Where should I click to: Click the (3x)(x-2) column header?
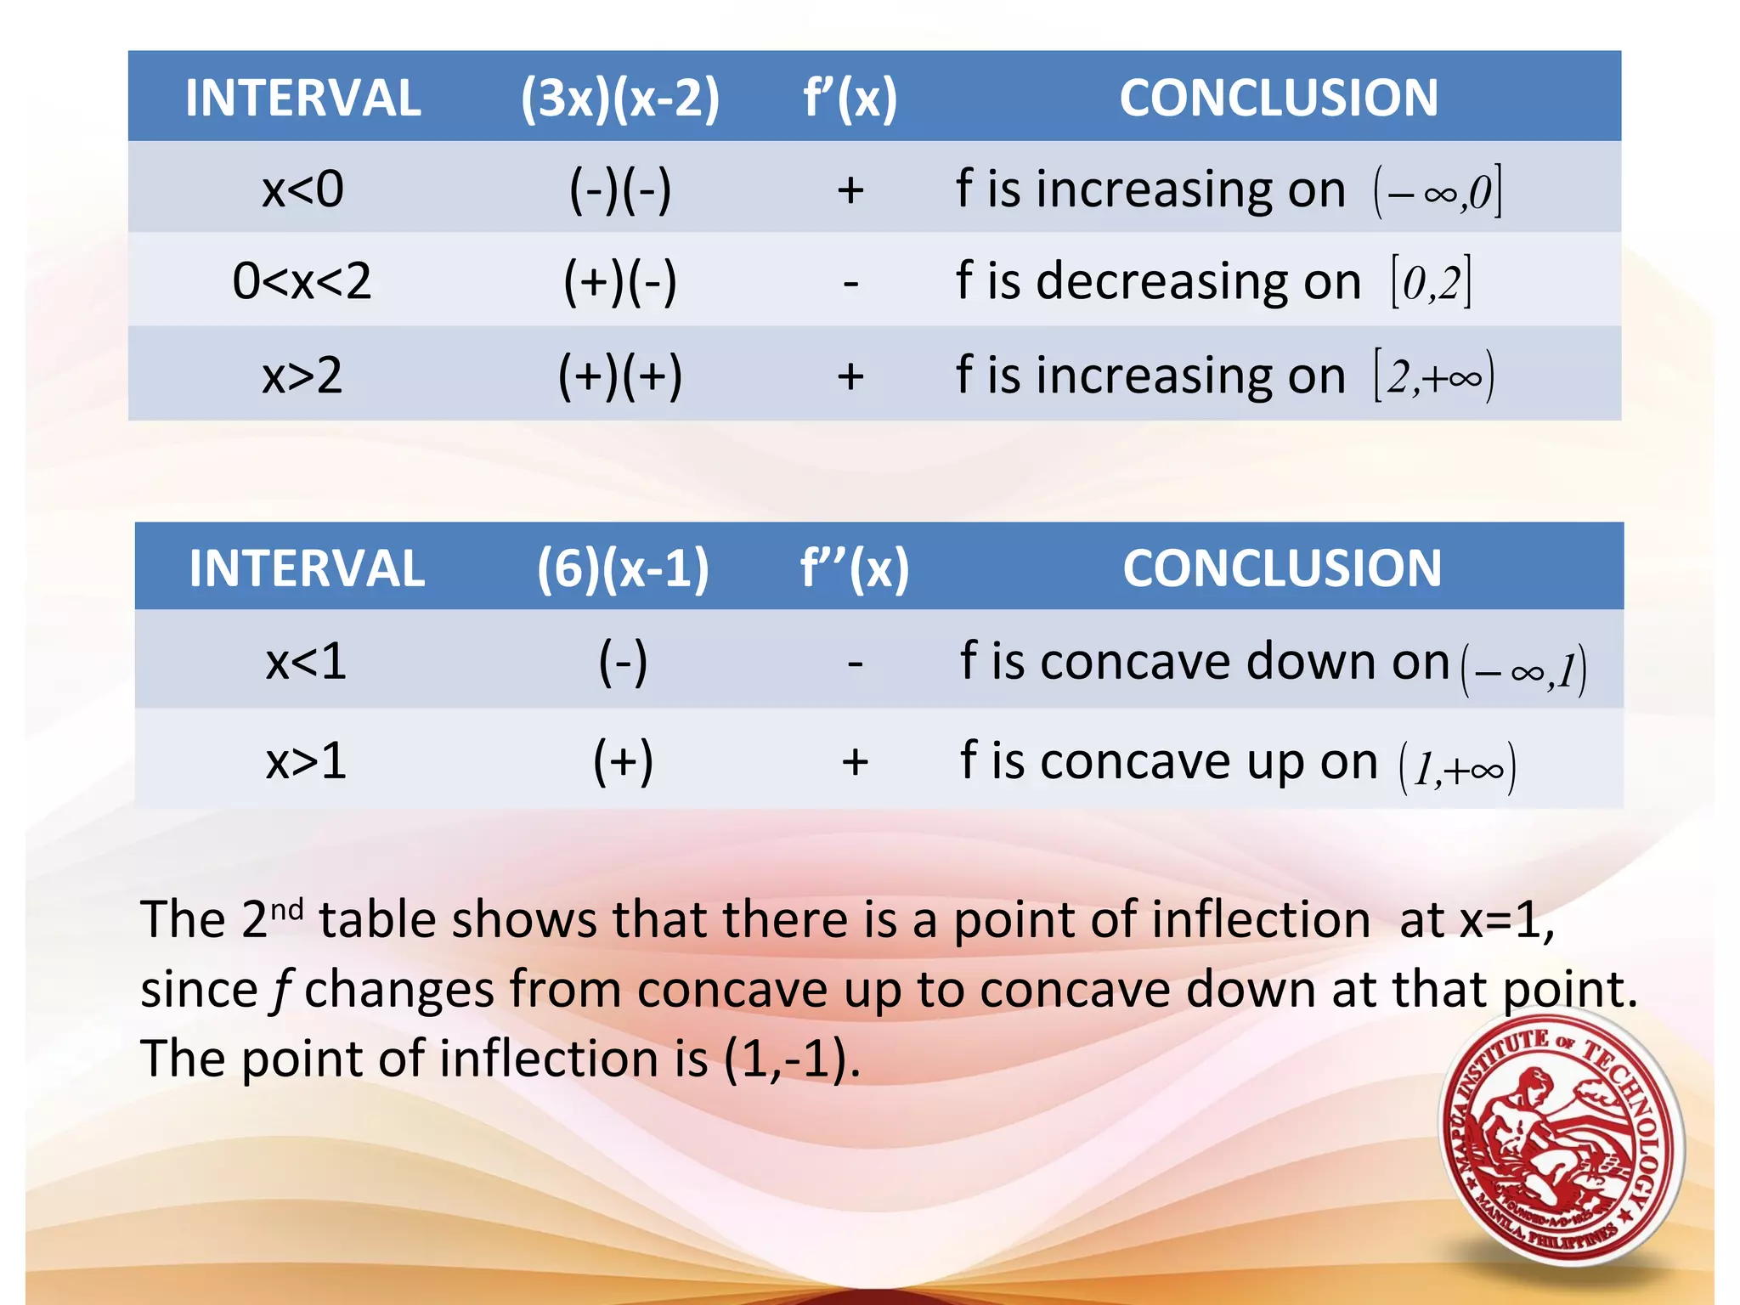point(619,99)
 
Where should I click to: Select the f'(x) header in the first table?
point(850,99)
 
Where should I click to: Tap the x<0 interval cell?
point(302,189)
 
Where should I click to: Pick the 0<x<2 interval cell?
point(302,281)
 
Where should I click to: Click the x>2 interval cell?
point(302,375)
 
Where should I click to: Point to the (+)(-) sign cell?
point(620,281)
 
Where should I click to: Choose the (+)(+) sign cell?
point(620,375)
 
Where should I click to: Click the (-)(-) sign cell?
point(620,189)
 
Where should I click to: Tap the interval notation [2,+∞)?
point(1434,376)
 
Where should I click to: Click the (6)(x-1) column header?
point(623,568)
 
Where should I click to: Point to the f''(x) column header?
point(855,568)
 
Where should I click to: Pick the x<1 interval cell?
point(306,662)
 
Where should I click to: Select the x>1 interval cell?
point(306,760)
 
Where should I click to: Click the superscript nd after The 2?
point(287,909)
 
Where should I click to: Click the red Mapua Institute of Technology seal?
point(1562,1138)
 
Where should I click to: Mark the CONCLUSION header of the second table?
point(1282,568)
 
